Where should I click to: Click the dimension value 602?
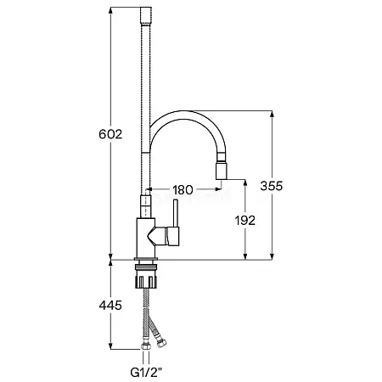(x=110, y=134)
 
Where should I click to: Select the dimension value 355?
(x=272, y=186)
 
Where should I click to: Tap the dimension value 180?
(x=183, y=190)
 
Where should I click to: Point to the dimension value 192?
(x=245, y=221)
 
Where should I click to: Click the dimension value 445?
(x=110, y=305)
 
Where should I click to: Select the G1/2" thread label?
(x=147, y=372)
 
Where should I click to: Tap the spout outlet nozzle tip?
(x=222, y=171)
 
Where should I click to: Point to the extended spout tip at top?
(x=146, y=16)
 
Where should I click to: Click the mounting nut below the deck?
(x=146, y=278)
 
